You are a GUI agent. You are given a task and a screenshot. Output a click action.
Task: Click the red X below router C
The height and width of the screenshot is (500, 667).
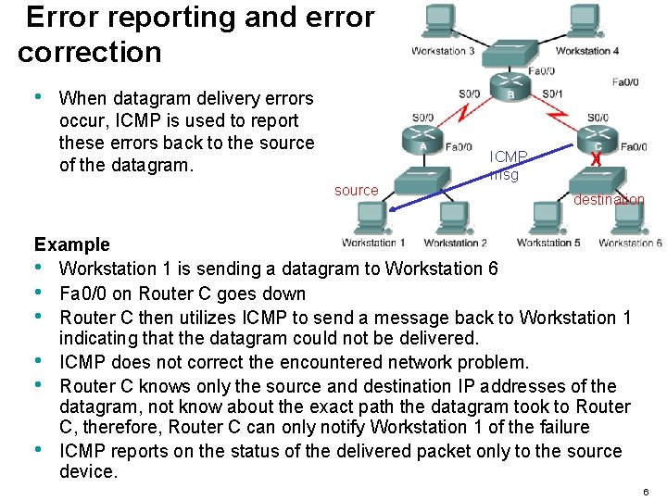click(596, 158)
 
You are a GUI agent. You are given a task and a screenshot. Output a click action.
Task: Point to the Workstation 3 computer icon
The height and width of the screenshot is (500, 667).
click(442, 20)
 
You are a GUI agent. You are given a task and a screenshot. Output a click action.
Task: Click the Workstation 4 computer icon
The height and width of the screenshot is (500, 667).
click(585, 20)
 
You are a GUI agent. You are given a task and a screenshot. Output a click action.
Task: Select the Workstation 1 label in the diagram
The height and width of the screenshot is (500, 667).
click(373, 243)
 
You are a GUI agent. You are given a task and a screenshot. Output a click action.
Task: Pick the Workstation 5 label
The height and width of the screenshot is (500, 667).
click(548, 243)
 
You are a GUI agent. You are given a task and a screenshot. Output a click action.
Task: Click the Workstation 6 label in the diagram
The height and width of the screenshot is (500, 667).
click(631, 243)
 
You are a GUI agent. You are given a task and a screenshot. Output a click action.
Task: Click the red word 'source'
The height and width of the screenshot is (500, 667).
click(356, 191)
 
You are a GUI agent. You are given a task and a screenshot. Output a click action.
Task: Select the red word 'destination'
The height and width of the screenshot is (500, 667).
click(609, 199)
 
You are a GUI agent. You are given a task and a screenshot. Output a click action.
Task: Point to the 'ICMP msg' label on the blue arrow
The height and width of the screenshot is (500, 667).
click(508, 165)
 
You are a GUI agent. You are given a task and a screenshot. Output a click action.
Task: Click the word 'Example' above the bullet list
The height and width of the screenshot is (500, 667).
click(72, 244)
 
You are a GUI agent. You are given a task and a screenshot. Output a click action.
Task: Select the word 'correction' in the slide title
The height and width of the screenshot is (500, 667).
click(89, 52)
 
